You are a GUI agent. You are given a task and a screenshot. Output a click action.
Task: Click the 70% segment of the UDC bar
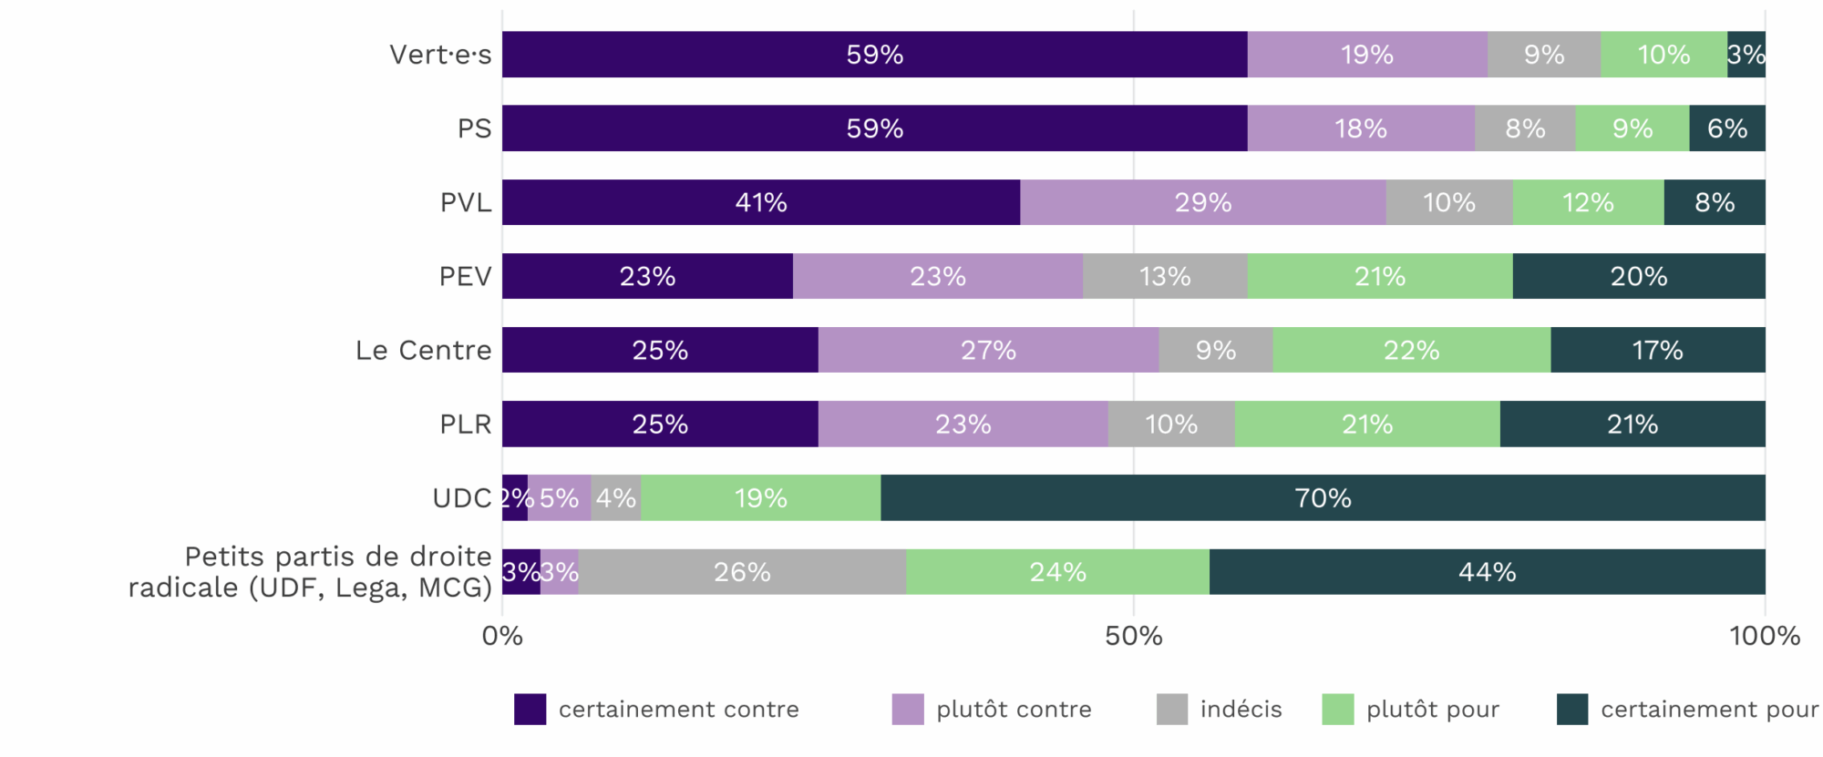(x=1323, y=498)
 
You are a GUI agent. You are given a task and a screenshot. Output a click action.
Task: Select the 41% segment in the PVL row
(x=761, y=202)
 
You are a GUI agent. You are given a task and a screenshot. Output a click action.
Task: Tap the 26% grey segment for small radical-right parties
(x=742, y=572)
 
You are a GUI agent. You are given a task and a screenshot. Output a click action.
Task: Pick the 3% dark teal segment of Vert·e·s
(x=1746, y=55)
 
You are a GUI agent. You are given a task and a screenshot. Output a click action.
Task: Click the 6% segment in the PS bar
(x=1727, y=128)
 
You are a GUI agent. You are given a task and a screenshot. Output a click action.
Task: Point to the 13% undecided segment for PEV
(x=1165, y=276)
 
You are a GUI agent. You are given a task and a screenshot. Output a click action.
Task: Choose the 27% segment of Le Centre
(x=988, y=350)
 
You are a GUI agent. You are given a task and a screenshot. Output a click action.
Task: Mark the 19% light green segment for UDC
(x=761, y=498)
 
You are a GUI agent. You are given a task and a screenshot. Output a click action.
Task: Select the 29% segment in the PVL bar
(x=1203, y=202)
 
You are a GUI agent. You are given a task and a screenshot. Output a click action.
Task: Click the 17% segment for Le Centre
(x=1658, y=350)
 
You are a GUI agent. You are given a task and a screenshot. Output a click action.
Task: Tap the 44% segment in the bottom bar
(x=1488, y=572)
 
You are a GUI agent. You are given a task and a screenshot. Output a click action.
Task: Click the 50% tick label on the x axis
(x=1134, y=636)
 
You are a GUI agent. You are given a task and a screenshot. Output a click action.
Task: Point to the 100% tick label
(x=1765, y=636)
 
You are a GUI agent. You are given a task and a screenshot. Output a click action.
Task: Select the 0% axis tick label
(x=502, y=636)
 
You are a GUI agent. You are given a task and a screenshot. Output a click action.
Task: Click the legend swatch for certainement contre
(x=530, y=709)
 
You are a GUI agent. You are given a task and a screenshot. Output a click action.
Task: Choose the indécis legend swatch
(x=1172, y=709)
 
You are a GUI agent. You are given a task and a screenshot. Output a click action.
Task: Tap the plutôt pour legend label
(x=1433, y=709)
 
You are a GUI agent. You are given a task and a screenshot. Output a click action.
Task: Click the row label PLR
(x=466, y=425)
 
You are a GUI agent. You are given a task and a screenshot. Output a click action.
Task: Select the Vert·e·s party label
(x=440, y=55)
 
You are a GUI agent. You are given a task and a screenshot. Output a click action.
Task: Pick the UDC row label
(x=462, y=498)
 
